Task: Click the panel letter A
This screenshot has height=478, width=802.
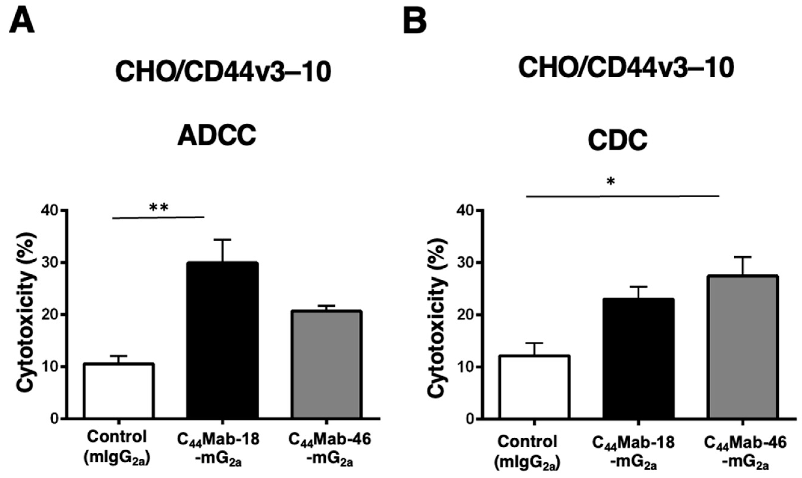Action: pos(22,20)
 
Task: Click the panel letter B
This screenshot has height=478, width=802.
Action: pos(415,20)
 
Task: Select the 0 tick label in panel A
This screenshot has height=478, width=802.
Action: pos(55,419)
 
